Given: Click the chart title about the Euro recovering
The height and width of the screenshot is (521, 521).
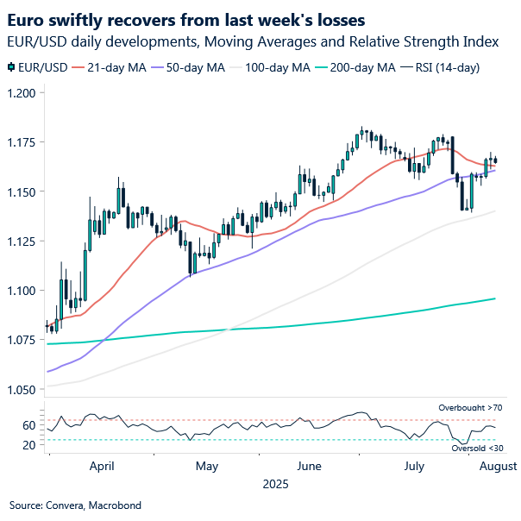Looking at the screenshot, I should coord(185,19).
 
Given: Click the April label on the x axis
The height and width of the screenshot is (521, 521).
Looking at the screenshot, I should coord(102,467).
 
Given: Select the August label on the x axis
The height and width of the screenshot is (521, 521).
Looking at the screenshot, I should coord(498,467).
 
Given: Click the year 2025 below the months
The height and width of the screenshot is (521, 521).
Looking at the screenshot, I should coord(275,485).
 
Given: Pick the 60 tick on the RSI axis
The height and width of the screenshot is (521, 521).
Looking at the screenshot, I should coord(28,425).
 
